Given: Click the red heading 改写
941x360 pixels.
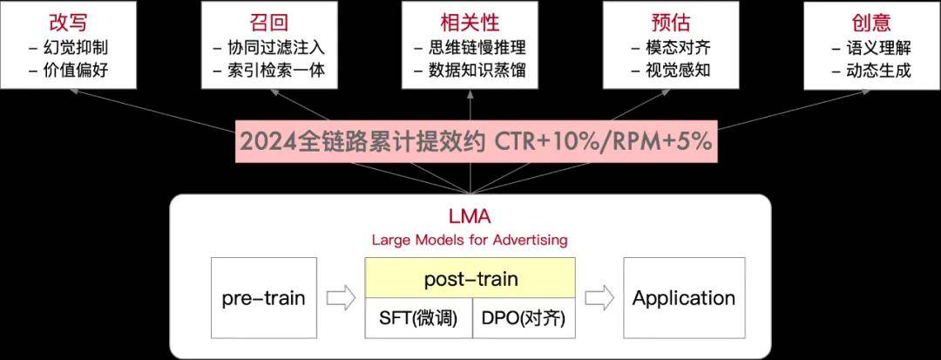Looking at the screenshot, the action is pyautogui.click(x=68, y=22).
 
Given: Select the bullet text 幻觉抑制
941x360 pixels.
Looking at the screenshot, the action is pyautogui.click(x=76, y=47).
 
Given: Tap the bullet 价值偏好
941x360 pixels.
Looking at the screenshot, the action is pyautogui.click(x=76, y=71).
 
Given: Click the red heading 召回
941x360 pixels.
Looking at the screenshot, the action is pyautogui.click(x=269, y=22).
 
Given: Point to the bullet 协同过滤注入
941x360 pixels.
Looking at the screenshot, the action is pyautogui.click(x=277, y=47).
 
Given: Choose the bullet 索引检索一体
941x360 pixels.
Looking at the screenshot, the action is pyautogui.click(x=277, y=71).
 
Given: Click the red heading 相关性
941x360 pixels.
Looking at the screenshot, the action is pyautogui.click(x=470, y=22).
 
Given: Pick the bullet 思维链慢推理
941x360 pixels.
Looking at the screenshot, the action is pyautogui.click(x=477, y=47).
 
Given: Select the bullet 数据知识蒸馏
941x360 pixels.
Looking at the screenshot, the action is pyautogui.click(x=477, y=71).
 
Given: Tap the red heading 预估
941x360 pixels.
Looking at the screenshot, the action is pyautogui.click(x=671, y=22).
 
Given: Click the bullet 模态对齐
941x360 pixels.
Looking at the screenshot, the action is pyautogui.click(x=679, y=47).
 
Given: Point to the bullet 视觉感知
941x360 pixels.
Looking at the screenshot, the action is pyautogui.click(x=679, y=71).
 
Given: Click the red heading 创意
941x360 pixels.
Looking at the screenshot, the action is pyautogui.click(x=871, y=22).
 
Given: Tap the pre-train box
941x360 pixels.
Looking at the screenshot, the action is pyautogui.click(x=264, y=297).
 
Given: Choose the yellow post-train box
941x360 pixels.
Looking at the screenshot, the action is pyautogui.click(x=470, y=278).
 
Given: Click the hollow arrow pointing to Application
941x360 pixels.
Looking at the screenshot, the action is pyautogui.click(x=599, y=298).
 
